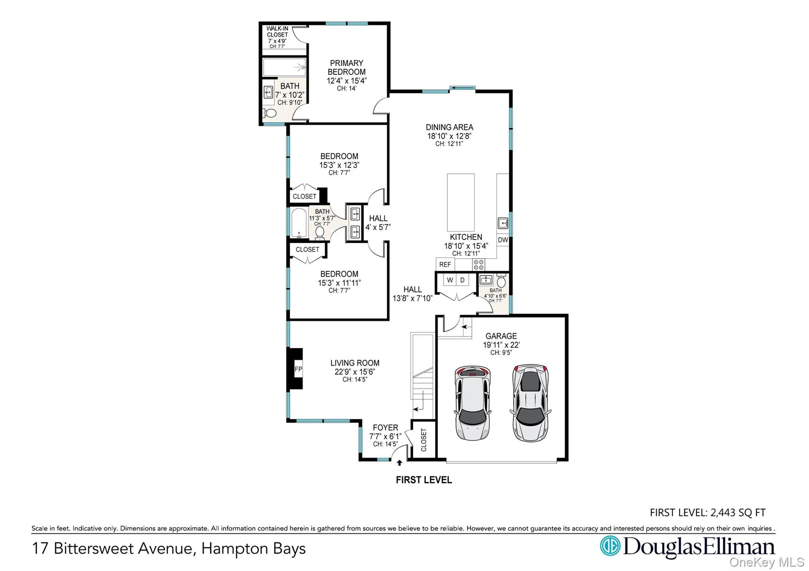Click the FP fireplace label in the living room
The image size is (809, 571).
pos(298,369)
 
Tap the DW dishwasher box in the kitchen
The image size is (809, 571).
pos(503,240)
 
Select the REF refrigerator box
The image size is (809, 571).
pos(445,265)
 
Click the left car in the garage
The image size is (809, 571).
pos(472,402)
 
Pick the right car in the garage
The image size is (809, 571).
pos(530,402)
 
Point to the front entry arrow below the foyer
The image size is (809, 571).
pos(399,463)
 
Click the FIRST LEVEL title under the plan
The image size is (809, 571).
pos(424,480)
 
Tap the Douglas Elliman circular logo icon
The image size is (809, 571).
pos(610,546)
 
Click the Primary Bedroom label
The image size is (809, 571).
pos(346,68)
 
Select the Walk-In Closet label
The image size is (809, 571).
pos(277,32)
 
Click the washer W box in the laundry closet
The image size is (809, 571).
pos(450,280)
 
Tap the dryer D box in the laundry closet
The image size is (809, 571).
pos(462,280)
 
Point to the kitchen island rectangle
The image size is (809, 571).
pos(461,202)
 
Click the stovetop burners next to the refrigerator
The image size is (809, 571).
pos(479,265)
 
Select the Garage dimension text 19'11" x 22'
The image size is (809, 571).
pos(501,345)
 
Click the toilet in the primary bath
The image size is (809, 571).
pos(270,113)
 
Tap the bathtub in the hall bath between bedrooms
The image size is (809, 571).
pos(299,223)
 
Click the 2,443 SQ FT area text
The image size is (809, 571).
pos(738,513)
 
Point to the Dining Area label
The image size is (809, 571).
pos(449,127)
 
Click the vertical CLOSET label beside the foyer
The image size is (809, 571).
pos(424,440)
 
